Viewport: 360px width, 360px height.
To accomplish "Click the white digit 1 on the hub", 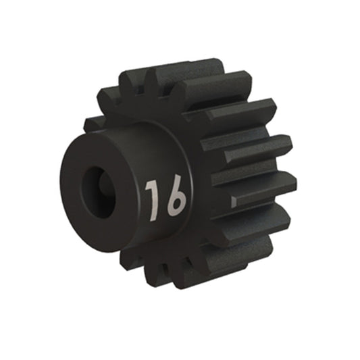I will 153,201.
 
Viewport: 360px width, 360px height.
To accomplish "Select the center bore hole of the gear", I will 98,192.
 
